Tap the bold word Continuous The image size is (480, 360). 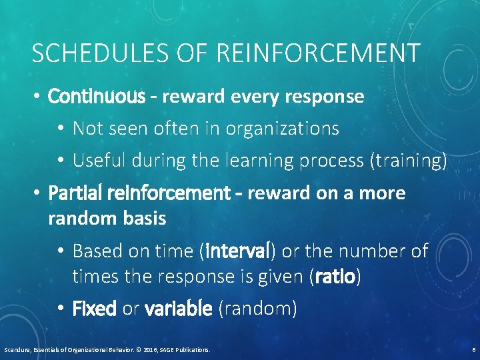tap(96, 97)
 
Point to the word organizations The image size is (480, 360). tap(283, 128)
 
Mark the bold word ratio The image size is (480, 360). tap(336, 277)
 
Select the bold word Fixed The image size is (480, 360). tap(94, 309)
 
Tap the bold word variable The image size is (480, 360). tap(178, 309)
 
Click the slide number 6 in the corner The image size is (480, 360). tap(473, 349)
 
